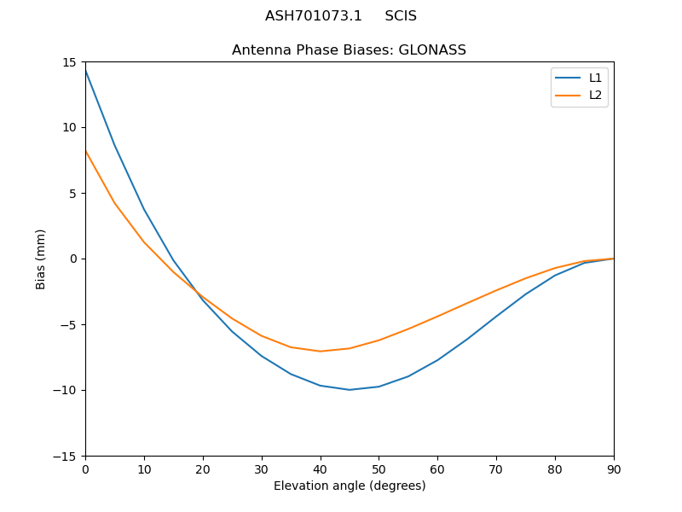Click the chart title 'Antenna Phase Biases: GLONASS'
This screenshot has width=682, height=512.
(x=349, y=50)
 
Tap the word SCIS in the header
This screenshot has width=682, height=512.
(x=401, y=16)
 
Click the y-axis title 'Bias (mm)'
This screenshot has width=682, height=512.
(x=41, y=259)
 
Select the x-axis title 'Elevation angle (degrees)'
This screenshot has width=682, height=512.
(x=349, y=486)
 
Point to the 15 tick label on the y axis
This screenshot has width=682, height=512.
(x=69, y=62)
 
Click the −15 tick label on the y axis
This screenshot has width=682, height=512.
(x=66, y=456)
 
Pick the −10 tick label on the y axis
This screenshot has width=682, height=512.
(x=66, y=390)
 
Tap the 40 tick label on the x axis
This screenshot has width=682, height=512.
(x=320, y=468)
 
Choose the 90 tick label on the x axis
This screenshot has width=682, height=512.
(x=613, y=468)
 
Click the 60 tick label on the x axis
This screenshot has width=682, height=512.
(x=437, y=468)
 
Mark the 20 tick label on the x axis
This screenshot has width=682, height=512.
(x=203, y=468)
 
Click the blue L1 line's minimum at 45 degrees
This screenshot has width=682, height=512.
(x=350, y=390)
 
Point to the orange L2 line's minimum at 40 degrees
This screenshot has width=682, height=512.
(x=320, y=351)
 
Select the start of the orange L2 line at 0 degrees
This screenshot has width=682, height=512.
(x=85, y=151)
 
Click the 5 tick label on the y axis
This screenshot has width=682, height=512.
(x=72, y=193)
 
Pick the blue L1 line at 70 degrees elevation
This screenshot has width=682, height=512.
(x=496, y=316)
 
